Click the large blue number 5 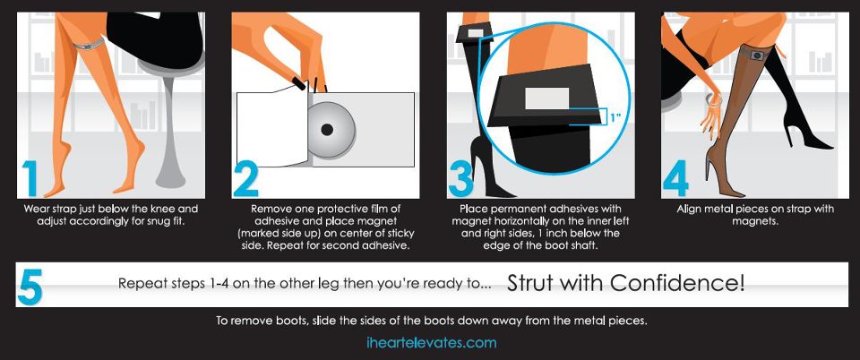(30, 285)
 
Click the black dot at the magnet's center (327, 130)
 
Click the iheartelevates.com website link (431, 343)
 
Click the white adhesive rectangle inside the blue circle (546, 99)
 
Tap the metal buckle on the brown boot (757, 55)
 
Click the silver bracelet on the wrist (715, 99)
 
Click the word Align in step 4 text (689, 210)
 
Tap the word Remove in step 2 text (271, 210)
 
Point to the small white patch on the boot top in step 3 (475, 33)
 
